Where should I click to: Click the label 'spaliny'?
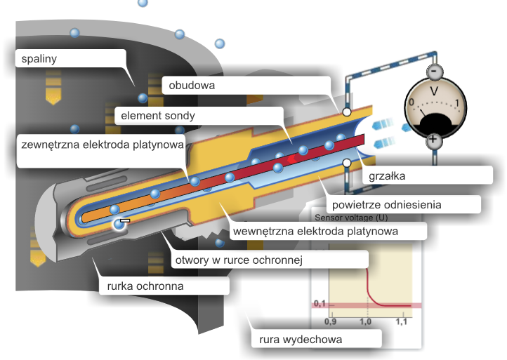coord(39,59)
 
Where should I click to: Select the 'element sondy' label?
coord(158,115)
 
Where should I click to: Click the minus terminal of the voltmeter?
coord(435,73)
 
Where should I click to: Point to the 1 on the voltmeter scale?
coord(458,104)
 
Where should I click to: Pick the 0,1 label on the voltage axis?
coord(321,303)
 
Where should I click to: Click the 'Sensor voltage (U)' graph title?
coord(351,217)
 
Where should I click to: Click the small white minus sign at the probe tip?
coord(125,220)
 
